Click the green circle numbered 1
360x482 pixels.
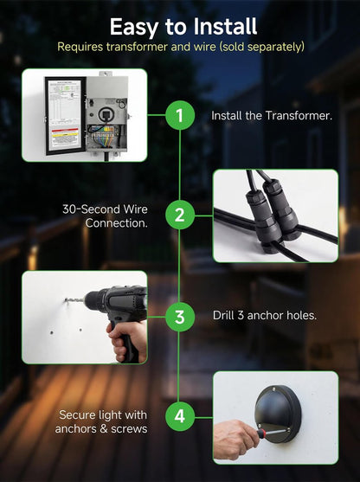tap(180, 115)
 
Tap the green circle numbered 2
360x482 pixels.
tap(180, 215)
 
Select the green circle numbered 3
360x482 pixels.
tap(180, 317)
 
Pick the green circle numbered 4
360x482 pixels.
tap(180, 416)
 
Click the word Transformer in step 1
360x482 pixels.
tap(299, 116)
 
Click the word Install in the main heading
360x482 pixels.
tap(225, 27)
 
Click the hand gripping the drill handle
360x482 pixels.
tap(126, 341)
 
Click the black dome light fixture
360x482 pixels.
tap(279, 414)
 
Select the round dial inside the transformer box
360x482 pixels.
tap(106, 114)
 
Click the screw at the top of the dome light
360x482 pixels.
tap(273, 389)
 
